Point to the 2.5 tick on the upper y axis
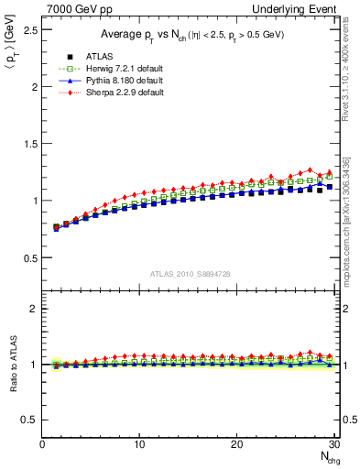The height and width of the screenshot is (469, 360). [30, 30]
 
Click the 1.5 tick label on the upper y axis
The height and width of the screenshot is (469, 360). [30, 144]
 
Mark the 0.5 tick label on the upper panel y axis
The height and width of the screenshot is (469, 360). [30, 257]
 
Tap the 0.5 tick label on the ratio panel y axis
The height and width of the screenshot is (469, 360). [30, 420]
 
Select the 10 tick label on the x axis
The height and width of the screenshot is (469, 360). [139, 444]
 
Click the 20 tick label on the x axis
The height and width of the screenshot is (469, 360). [236, 444]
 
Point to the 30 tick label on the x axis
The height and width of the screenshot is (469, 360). [333, 444]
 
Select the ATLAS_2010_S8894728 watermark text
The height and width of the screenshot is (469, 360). [189, 274]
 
